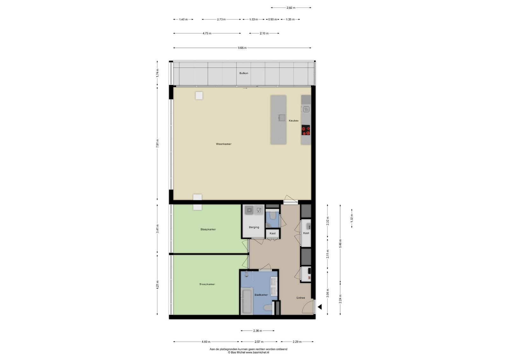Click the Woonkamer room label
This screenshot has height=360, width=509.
pos(224,144)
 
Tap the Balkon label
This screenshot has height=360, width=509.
pos(244,73)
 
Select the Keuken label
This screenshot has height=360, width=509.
pos(294,121)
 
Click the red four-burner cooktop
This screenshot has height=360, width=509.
pos(306,130)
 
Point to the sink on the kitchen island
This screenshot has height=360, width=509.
pos(282,118)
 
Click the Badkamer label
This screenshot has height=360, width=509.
pos(261,295)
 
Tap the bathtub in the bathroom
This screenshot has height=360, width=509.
pos(247,301)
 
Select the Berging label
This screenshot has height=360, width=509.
pos(254,227)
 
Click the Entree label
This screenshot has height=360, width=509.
pos(301,298)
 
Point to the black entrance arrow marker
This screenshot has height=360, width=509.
pos(320,307)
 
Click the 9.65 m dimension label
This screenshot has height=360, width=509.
pos(242,48)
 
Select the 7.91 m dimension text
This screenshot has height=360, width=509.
pos(157,143)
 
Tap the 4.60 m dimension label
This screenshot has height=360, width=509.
pos(206,342)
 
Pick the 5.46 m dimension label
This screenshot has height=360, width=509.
pos(340,244)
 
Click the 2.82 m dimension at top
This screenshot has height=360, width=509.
pos(291,8)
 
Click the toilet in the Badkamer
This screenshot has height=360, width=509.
pos(268,308)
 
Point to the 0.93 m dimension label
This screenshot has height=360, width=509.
pos(272,19)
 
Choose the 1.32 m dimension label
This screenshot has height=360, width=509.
pos(352,218)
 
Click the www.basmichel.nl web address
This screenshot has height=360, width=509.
pos(257,352)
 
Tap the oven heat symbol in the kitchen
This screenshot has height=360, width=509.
pos(306,109)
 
